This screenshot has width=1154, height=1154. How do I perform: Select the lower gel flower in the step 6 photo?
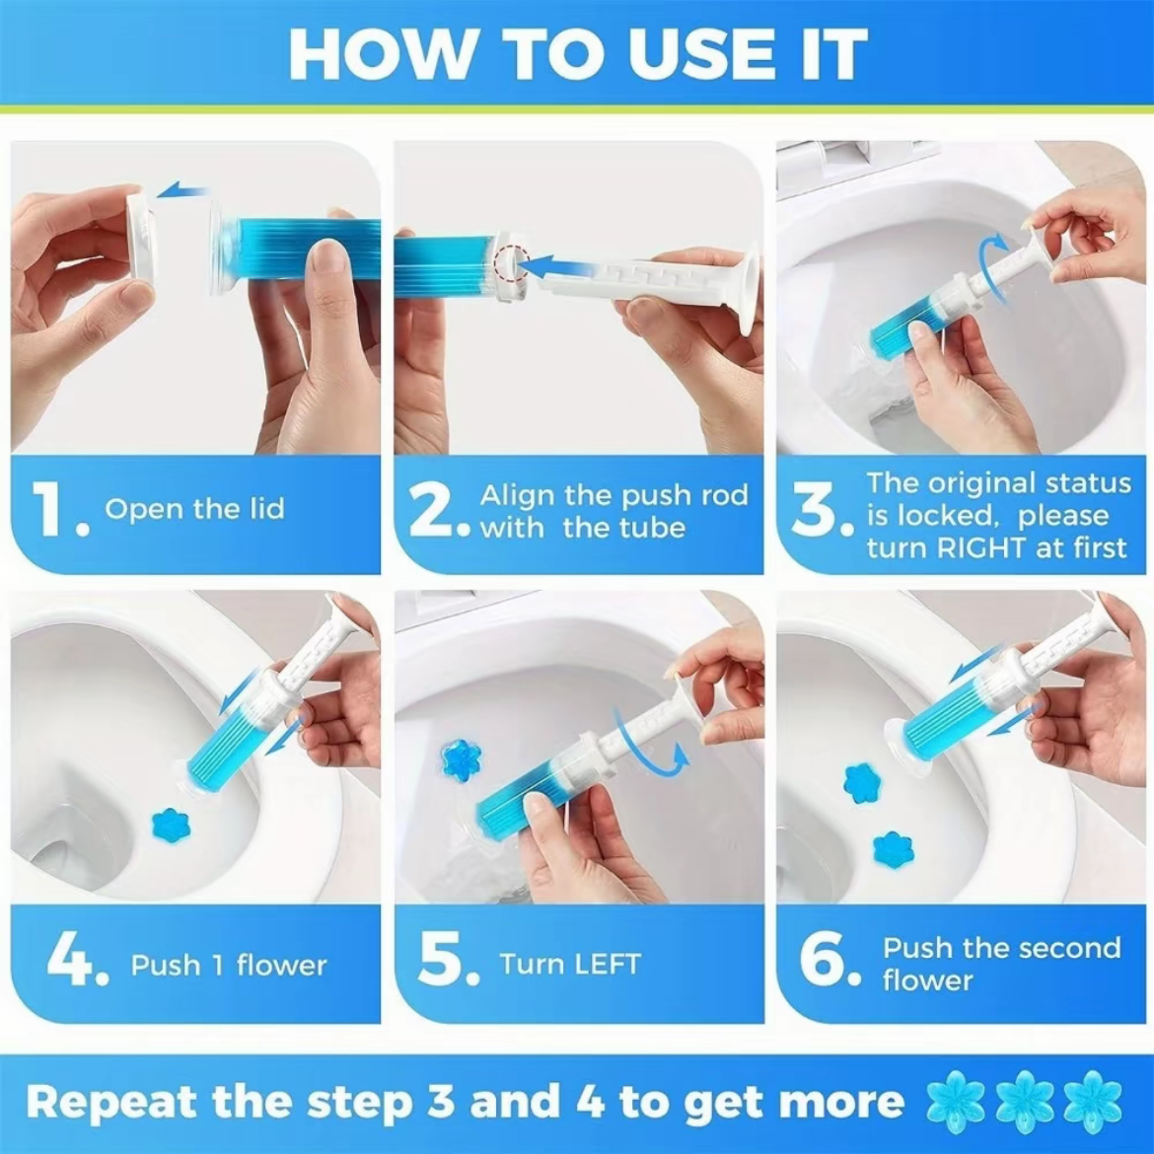(894, 849)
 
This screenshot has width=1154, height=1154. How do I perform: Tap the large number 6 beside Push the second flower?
(821, 962)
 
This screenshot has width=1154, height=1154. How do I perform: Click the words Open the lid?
(194, 510)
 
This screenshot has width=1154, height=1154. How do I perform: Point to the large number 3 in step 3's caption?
(817, 513)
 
